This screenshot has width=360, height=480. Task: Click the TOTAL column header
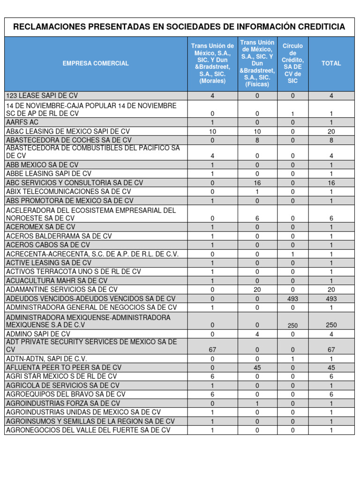331,63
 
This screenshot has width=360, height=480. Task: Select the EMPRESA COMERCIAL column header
96,63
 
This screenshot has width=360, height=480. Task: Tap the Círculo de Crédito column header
292,63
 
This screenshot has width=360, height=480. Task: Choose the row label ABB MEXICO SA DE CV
42,165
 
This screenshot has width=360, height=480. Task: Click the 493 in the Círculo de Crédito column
292,299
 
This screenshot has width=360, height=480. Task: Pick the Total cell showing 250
331,325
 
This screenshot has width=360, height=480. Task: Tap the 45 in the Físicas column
257,367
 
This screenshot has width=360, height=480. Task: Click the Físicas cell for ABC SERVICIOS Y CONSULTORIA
257,183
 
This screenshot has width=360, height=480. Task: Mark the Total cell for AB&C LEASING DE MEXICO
331,132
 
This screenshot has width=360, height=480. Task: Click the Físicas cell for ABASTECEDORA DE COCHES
257,140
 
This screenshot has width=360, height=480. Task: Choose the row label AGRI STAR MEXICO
61,376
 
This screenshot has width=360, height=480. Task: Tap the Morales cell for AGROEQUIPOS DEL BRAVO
213,394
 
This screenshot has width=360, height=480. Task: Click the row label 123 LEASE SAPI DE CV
42,96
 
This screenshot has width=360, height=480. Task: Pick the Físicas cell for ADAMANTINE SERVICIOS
257,290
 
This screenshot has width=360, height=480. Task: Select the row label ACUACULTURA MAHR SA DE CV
57,281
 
